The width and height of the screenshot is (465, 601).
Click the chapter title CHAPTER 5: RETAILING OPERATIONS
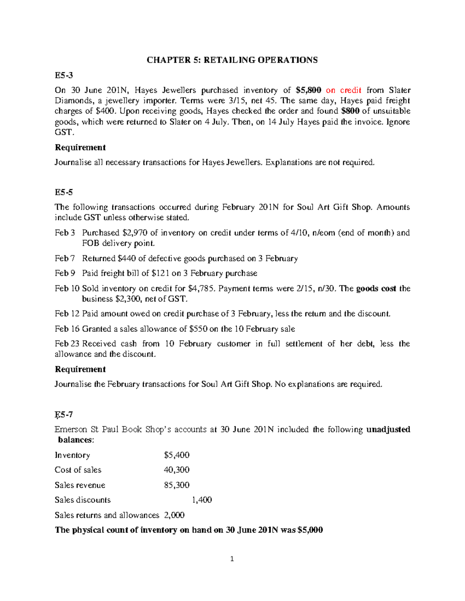coord(232,60)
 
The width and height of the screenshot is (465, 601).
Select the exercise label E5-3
coord(64,75)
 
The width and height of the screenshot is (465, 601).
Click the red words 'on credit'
coord(344,90)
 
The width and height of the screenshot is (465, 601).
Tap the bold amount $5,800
coord(308,90)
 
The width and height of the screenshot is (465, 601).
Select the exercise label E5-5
coord(64,192)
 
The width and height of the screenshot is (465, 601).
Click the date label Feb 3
coord(65,233)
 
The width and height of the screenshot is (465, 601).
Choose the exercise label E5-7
coord(64,415)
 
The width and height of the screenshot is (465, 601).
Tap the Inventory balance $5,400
coord(177,455)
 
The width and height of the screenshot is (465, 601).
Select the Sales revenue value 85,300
coord(177,485)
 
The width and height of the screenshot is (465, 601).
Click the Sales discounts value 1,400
coord(202,500)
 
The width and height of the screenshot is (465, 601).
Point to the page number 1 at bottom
coord(232,559)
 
